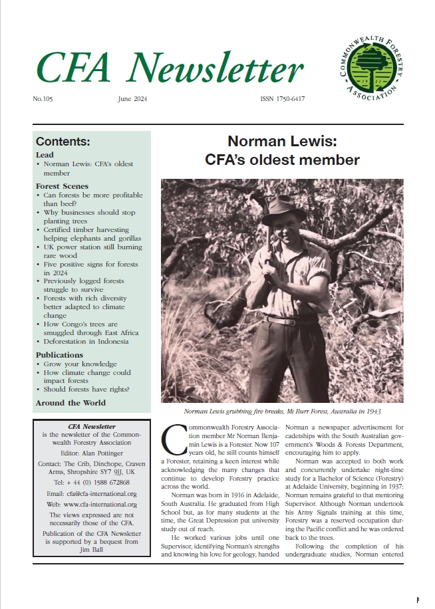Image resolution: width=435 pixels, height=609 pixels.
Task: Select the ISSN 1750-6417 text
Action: pos(282,99)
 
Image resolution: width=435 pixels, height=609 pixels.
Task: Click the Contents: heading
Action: pos(63,142)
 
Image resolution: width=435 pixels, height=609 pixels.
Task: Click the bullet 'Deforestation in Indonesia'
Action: pos(86,341)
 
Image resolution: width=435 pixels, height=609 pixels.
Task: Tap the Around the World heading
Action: pos(71,402)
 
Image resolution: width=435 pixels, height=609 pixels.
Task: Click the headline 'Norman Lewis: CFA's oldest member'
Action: pos(293,150)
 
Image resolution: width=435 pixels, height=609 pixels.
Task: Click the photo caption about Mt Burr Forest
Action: pos(282,412)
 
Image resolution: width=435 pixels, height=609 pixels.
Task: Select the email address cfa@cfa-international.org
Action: pos(92,494)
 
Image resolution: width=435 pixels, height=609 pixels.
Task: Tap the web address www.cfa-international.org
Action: pos(92,505)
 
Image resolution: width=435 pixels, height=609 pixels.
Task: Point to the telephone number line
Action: pos(92,482)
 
